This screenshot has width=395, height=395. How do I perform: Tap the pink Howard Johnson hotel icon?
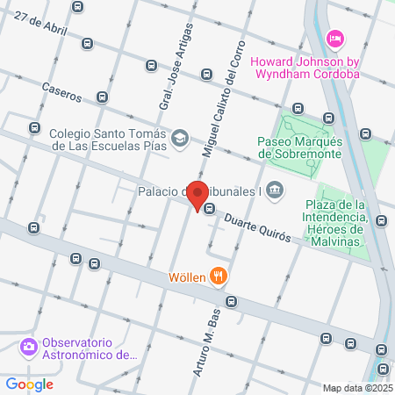click(x=334, y=38)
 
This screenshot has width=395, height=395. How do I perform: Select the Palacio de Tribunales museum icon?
click(x=276, y=190)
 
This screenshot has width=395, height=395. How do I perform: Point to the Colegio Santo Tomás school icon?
click(x=180, y=139)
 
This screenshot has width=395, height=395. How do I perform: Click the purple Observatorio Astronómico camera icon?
click(x=29, y=347)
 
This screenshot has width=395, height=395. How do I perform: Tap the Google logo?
click(x=29, y=384)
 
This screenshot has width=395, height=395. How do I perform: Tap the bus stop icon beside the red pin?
click(x=210, y=208)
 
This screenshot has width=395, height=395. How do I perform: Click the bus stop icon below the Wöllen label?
click(x=231, y=301)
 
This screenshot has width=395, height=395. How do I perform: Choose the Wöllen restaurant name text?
click(x=188, y=278)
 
